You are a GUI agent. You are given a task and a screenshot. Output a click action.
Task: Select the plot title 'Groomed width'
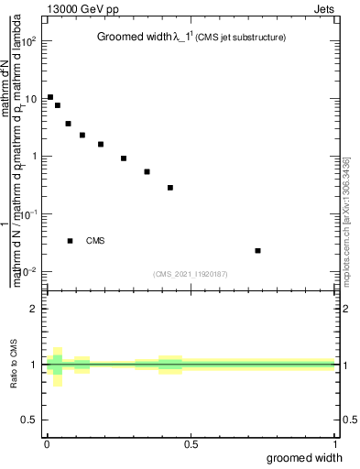click(131, 38)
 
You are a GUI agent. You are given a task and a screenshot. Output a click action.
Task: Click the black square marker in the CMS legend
click(71, 241)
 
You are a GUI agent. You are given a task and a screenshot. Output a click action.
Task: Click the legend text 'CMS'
click(95, 241)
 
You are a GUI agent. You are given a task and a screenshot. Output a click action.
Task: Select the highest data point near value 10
click(50, 96)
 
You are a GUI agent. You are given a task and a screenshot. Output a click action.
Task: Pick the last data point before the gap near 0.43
click(170, 188)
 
